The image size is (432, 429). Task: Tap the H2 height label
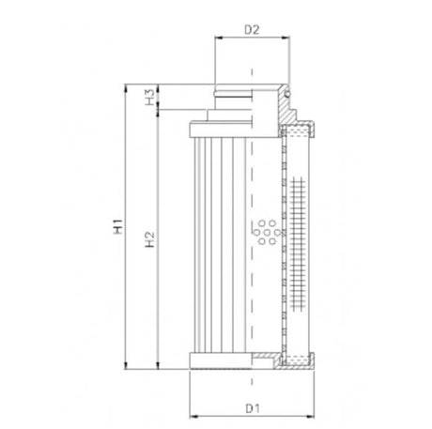(150, 238)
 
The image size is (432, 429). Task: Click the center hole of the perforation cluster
(264, 229)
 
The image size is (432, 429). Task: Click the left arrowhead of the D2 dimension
(219, 40)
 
